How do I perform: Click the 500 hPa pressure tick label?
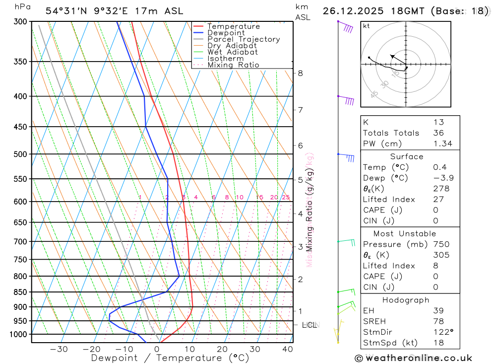pyautogui.click(x=20, y=154)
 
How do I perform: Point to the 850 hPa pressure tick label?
pyautogui.click(x=20, y=292)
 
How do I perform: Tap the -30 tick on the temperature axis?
pyautogui.click(x=59, y=349)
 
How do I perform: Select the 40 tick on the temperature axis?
pyautogui.click(x=287, y=349)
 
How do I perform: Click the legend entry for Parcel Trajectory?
pyautogui.click(x=244, y=39)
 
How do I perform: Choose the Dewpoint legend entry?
pyautogui.click(x=226, y=33)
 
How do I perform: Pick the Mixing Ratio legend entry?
pyautogui.click(x=233, y=65)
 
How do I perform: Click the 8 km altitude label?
pyautogui.click(x=301, y=73)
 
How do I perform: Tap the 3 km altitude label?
pyautogui.click(x=301, y=247)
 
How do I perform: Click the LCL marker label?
pyautogui.click(x=310, y=325)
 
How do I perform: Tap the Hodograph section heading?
pyautogui.click(x=406, y=300)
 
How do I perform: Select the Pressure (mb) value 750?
pyautogui.click(x=441, y=244)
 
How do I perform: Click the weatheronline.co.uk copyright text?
pyautogui.click(x=414, y=358)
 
